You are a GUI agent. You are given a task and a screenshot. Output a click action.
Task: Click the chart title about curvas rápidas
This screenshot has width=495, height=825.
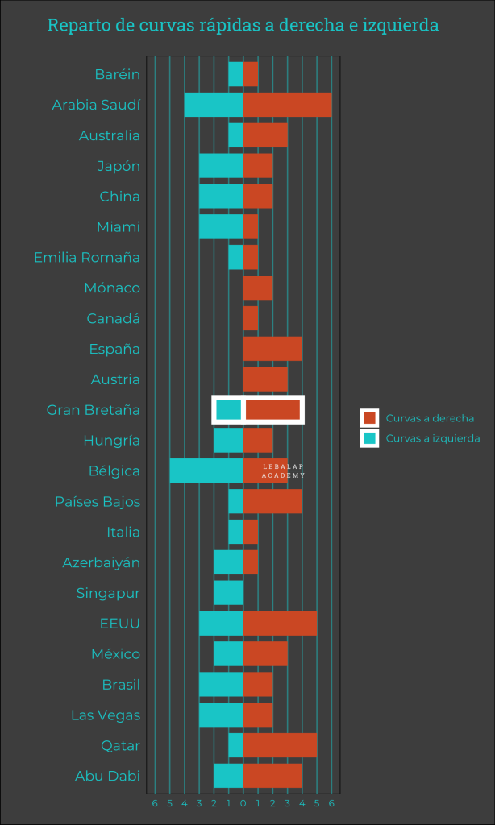243,25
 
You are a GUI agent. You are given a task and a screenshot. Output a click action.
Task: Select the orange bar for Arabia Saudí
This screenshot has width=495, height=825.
287,105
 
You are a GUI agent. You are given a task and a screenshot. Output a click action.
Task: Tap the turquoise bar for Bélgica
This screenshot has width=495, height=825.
206,471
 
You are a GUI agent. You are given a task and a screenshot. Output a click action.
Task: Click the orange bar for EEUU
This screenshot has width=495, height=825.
280,624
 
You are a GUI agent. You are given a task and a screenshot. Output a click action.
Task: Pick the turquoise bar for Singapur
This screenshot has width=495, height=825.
228,593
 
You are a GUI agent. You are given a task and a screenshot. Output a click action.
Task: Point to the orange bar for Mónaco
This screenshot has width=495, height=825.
258,288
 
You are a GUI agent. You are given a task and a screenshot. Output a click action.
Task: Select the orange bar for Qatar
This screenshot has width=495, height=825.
280,745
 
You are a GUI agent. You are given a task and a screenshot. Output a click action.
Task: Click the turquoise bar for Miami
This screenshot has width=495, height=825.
221,227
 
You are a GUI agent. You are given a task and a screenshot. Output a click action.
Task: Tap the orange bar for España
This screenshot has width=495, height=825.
272,349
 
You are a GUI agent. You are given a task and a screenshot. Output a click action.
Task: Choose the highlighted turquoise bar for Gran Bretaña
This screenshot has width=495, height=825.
229,409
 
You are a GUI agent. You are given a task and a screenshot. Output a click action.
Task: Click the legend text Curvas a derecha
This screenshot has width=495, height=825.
430,418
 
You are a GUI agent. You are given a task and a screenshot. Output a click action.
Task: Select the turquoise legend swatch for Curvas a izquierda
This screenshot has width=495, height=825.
370,438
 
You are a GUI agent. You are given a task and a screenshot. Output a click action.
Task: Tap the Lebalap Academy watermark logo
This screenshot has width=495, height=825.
284,471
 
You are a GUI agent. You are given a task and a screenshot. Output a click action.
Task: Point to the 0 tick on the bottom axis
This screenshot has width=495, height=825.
243,803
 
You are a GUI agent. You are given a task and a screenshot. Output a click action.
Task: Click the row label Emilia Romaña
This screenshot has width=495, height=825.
87,258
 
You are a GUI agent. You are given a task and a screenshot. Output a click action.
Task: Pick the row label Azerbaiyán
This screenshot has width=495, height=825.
102,562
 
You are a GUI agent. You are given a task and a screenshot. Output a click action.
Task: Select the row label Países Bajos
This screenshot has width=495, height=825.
98,502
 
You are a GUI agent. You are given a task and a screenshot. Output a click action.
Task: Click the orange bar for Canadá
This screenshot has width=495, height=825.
251,318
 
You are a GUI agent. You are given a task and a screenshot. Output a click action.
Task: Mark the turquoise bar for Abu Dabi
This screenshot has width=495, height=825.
228,776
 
